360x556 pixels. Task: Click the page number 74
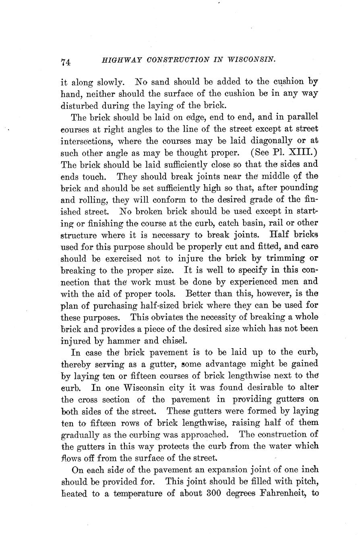[66, 62]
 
